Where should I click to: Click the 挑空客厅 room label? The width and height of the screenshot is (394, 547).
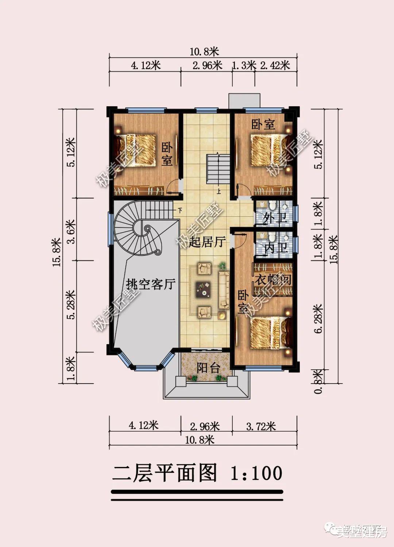(151, 284)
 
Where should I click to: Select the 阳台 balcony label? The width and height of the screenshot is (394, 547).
(208, 368)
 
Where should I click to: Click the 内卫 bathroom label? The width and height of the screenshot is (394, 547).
(276, 248)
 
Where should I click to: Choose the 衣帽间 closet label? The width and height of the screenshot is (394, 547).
(273, 280)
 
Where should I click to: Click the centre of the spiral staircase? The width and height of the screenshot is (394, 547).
(147, 230)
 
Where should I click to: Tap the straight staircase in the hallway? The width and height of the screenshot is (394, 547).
(218, 169)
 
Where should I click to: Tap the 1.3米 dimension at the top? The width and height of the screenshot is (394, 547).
(244, 66)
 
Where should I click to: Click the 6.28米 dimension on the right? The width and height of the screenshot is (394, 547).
(318, 318)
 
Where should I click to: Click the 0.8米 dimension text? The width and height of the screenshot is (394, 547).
(318, 381)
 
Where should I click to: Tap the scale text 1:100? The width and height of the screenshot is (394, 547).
(256, 473)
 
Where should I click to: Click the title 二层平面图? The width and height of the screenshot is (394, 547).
(164, 473)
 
